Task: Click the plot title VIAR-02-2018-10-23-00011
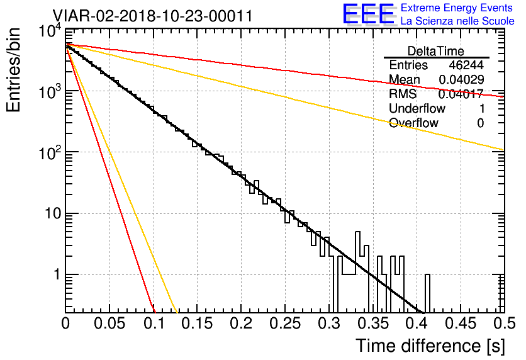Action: (x=153, y=16)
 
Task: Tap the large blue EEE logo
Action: (x=368, y=14)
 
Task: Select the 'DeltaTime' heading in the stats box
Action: (x=436, y=51)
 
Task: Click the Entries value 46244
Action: (x=466, y=65)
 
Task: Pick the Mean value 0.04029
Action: (x=462, y=80)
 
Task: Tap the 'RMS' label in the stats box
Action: (x=403, y=94)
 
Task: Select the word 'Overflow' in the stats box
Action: (x=413, y=123)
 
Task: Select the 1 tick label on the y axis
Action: (x=55, y=275)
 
